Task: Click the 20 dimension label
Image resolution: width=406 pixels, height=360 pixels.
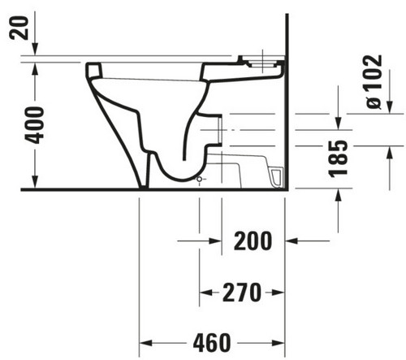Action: (19, 28)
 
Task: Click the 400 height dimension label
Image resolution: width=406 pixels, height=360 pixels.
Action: (34, 125)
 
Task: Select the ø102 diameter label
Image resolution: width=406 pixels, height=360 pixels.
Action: (374, 82)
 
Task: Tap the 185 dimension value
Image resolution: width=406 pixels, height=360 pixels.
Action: (338, 159)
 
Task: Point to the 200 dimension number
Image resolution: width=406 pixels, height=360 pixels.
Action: (253, 241)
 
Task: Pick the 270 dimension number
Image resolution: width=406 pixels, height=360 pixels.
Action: (242, 293)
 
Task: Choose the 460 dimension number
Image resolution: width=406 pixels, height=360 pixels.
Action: (212, 343)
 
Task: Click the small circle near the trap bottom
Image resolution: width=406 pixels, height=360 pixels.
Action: (200, 180)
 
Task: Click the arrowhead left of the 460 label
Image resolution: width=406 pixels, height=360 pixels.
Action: (145, 343)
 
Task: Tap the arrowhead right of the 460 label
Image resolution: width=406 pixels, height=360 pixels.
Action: (279, 343)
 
